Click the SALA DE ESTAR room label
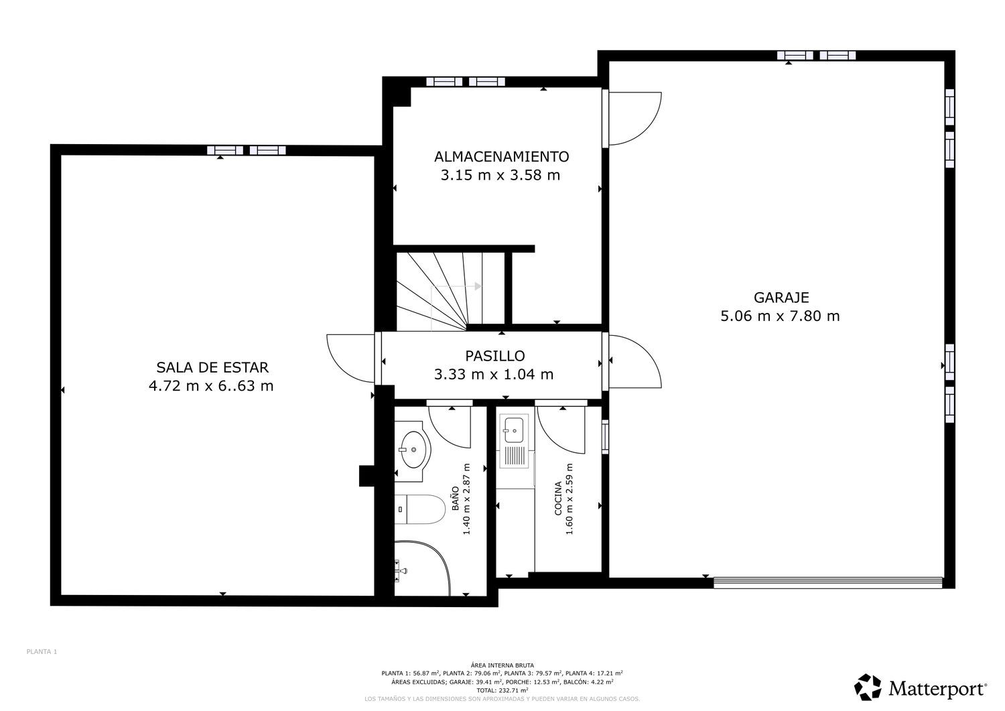pos(212,367)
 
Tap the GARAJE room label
pos(781,297)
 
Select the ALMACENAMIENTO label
pos(502,156)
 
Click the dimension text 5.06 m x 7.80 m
pos(781,316)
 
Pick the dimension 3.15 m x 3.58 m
pos(500,175)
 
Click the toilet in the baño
pos(419,509)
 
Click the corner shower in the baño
pos(421,568)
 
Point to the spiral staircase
pos(451,291)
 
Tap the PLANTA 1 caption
pos(42,652)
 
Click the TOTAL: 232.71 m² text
pos(502,690)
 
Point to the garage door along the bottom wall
pos(827,582)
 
